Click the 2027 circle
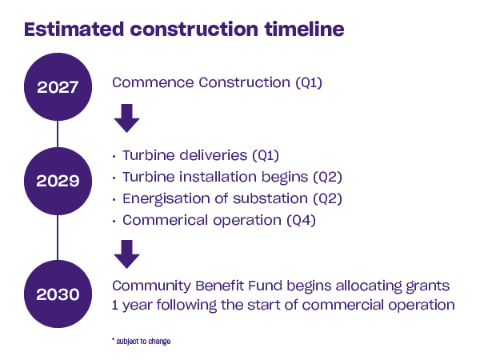[58, 86]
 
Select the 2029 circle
[58, 181]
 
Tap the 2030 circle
[58, 294]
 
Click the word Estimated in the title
[74, 29]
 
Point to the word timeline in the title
[304, 29]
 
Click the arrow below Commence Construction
[126, 118]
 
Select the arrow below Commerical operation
[126, 254]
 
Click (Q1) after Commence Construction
[309, 82]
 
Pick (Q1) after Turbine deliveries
[266, 155]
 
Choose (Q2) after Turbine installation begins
[327, 177]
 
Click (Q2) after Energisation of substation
[327, 198]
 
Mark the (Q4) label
[302, 221]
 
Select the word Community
[151, 286]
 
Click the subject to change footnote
[142, 341]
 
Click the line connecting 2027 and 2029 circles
[58, 134]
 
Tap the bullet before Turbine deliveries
[114, 157]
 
